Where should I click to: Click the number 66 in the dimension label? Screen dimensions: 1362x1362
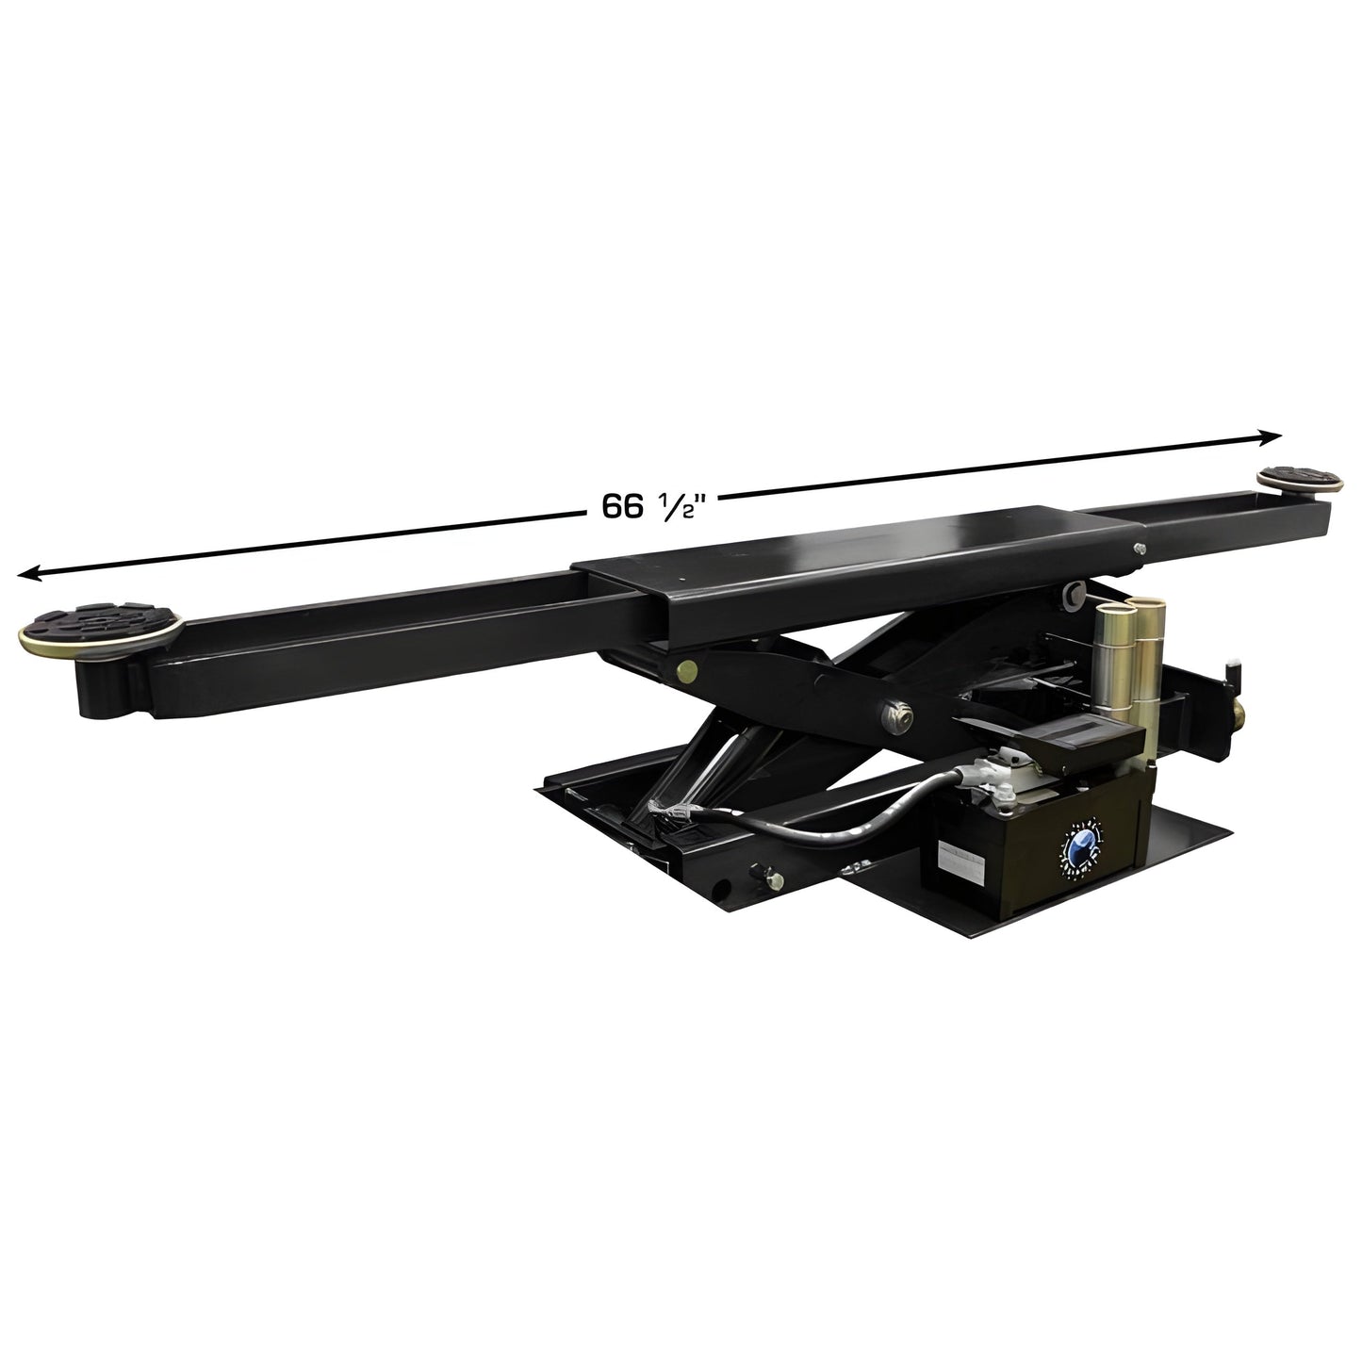coord(617,507)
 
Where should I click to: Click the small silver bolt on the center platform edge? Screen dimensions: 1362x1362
coord(1140,549)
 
